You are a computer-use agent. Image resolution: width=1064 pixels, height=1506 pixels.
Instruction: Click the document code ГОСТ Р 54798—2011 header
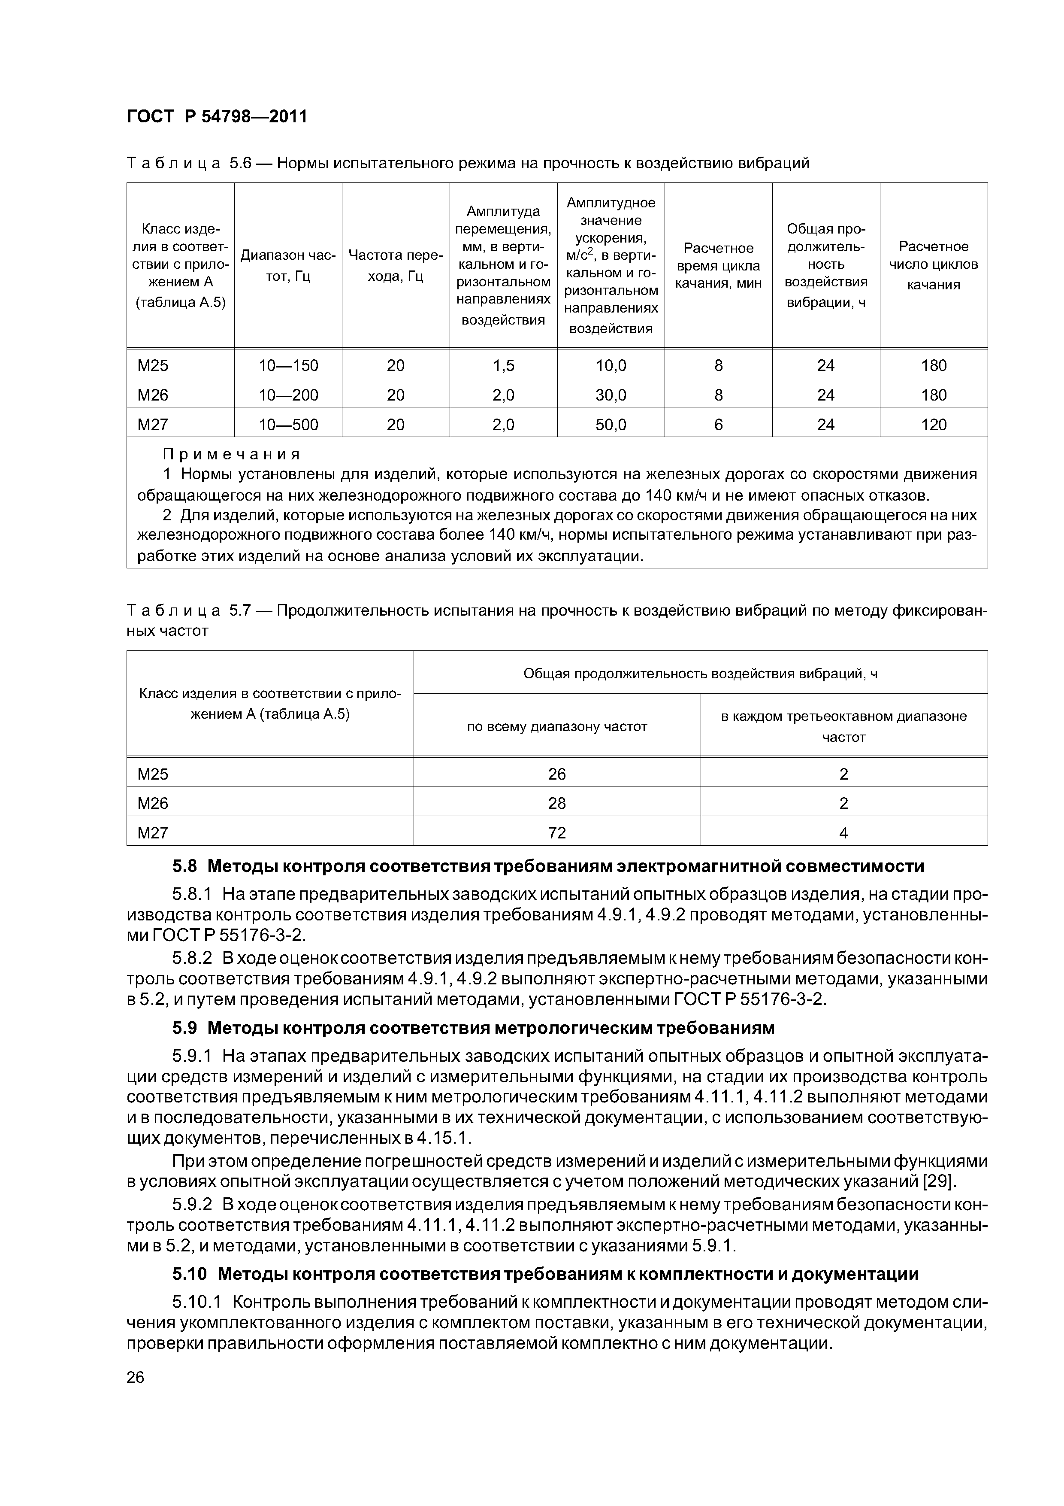[216, 117]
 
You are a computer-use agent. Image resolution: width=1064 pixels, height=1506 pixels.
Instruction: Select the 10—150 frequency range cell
[288, 365]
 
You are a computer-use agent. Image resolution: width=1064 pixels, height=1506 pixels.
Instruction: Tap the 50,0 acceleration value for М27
[611, 425]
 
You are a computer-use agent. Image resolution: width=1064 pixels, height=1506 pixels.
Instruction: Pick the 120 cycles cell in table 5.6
[934, 425]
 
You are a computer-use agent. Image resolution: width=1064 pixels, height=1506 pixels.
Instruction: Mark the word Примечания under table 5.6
[231, 454]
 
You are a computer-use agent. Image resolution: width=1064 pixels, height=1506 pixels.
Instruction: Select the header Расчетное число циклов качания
[934, 265]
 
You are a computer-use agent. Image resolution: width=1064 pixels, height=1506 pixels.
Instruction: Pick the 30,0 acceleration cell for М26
[611, 395]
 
